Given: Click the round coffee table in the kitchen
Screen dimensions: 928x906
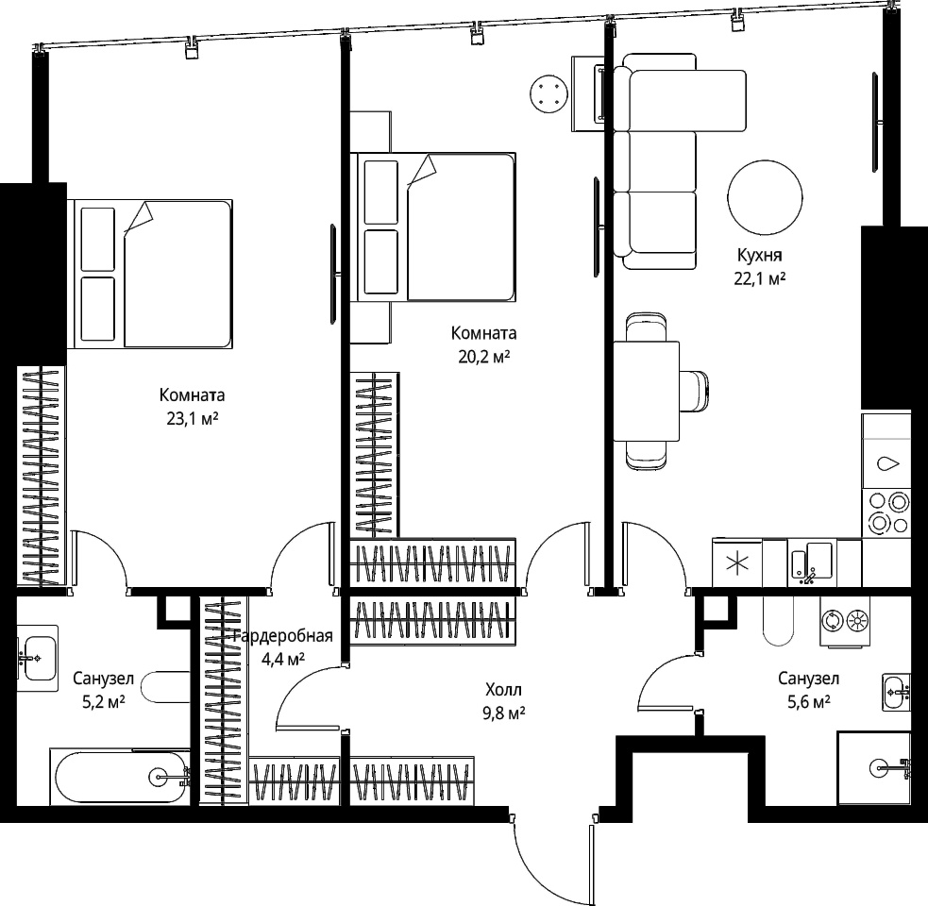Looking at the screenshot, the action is tap(766, 197).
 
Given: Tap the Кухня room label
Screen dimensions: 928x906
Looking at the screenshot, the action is tap(759, 256).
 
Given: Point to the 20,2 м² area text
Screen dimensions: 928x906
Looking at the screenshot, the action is tap(483, 357).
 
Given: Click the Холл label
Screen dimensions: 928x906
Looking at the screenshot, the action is tap(504, 690).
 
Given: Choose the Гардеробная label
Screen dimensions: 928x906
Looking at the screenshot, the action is tap(283, 636).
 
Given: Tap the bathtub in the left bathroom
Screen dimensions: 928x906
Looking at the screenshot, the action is tap(120, 777).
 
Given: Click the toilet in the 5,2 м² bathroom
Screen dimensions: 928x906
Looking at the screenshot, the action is tap(166, 687).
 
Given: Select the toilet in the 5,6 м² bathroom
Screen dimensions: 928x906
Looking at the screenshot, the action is tap(778, 621).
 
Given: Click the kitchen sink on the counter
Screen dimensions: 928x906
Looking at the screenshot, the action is tap(812, 562).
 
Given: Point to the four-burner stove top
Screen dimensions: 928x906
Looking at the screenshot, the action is tap(886, 513).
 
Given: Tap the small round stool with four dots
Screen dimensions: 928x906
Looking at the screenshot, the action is tap(549, 93).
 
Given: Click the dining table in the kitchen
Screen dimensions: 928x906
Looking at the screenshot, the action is tap(647, 391).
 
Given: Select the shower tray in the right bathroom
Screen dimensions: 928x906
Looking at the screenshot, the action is tap(873, 768).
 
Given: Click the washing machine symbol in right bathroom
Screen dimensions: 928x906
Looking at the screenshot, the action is tap(845, 621).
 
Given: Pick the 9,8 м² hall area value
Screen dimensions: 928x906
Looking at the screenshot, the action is tap(504, 713).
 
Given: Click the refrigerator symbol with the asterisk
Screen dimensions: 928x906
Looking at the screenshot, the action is tap(737, 562).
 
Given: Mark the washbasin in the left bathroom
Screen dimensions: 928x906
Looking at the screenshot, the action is tap(37, 658).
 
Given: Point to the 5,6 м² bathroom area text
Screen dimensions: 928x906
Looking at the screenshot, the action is tap(808, 702).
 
